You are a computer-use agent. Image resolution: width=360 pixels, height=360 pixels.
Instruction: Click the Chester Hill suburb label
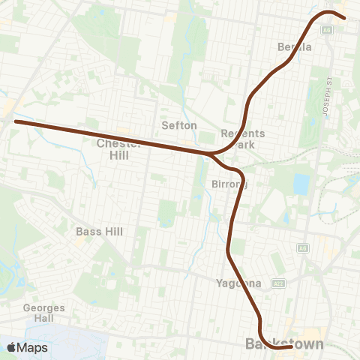click(113, 148)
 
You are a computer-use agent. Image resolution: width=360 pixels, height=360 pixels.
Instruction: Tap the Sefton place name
click(179, 125)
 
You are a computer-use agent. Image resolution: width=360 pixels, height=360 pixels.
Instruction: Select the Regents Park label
click(238, 139)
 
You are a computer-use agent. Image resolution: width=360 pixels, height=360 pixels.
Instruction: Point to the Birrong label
click(229, 184)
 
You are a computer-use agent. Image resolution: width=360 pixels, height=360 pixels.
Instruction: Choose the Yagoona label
click(238, 283)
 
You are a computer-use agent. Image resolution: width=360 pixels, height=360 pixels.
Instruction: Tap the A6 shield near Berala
click(327, 30)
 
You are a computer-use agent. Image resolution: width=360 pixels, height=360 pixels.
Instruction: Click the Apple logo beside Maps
click(12, 347)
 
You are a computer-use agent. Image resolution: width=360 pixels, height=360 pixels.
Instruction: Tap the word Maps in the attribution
click(33, 347)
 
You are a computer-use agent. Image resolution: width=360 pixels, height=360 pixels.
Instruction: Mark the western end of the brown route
click(16, 121)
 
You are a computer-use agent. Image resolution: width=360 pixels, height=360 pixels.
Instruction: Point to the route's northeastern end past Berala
click(343, 17)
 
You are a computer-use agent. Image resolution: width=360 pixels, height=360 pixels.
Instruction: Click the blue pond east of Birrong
click(301, 184)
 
